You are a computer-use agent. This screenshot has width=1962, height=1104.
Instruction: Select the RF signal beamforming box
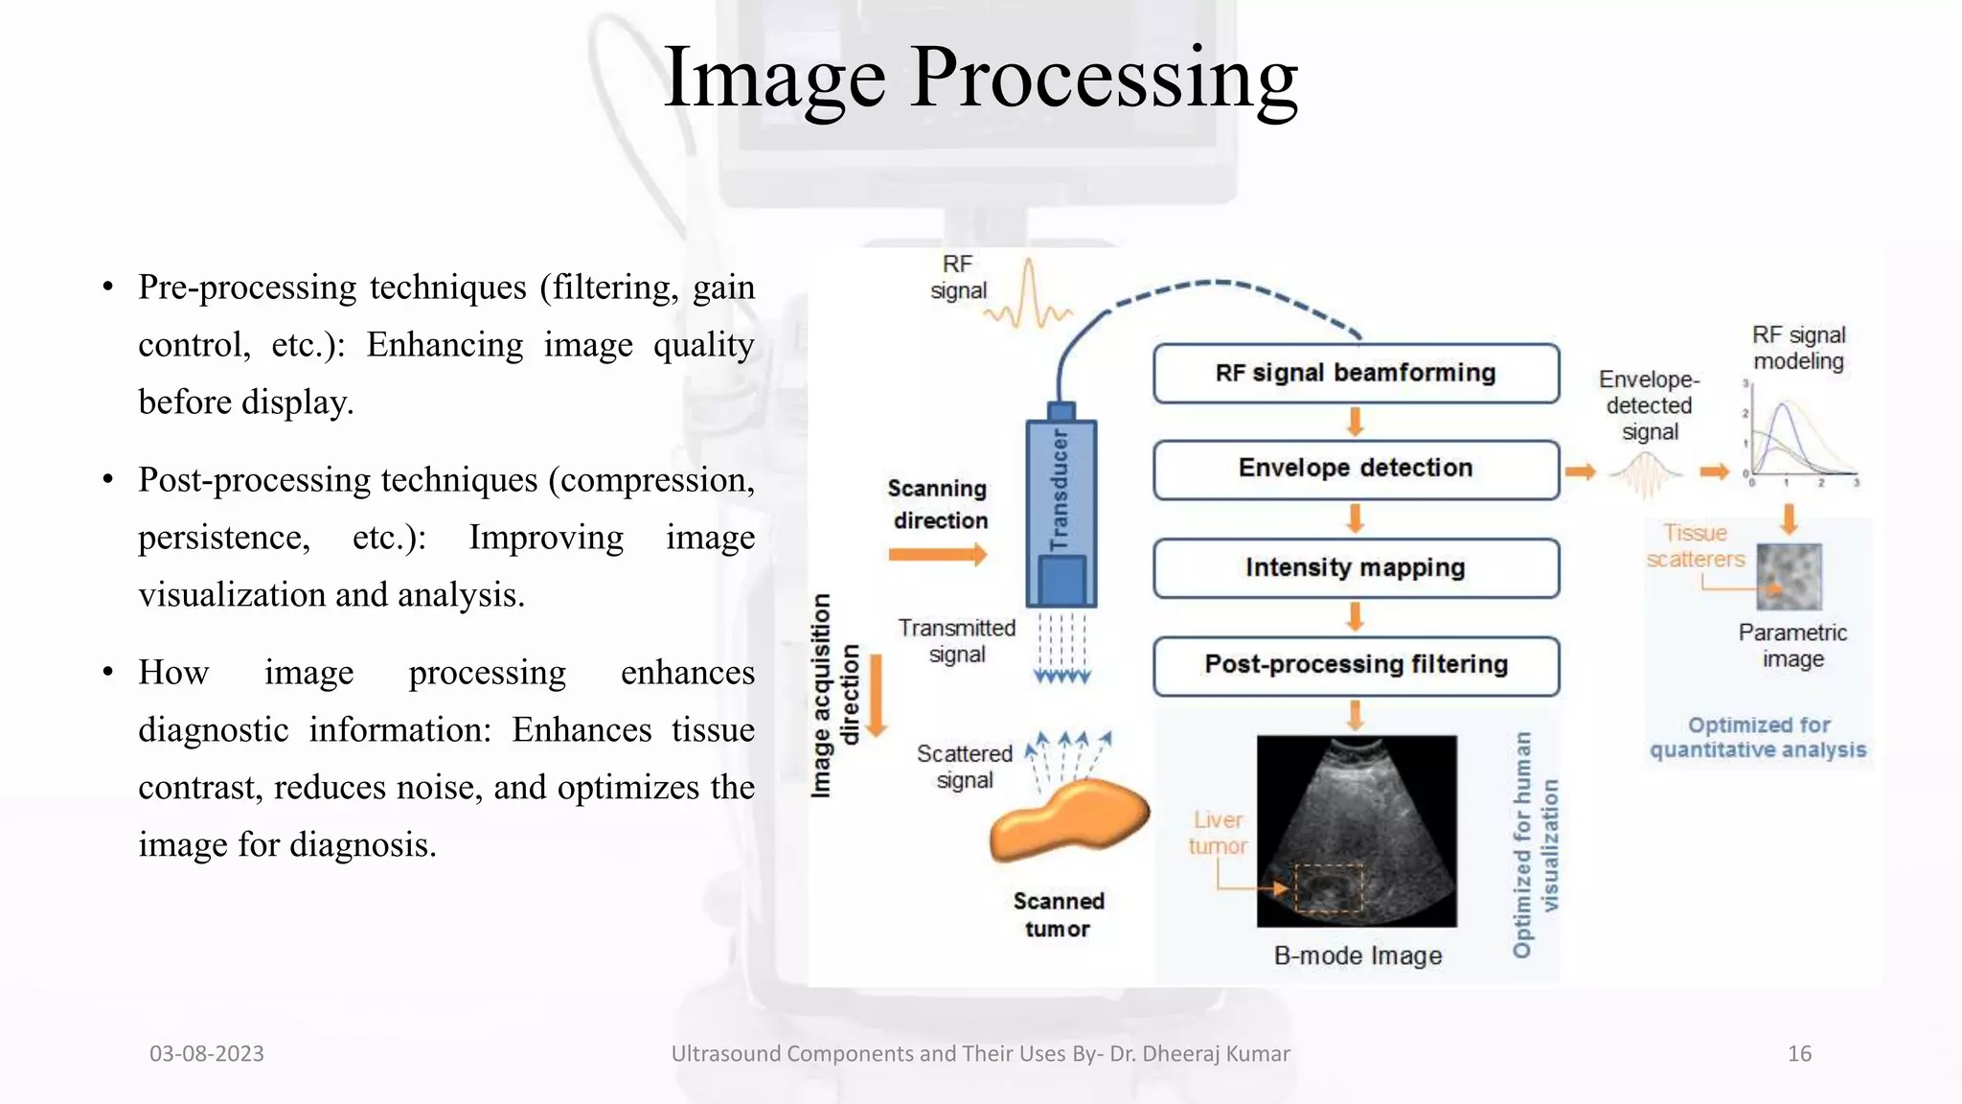pos(1356,373)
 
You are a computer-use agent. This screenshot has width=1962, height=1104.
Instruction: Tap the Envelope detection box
pos(1356,469)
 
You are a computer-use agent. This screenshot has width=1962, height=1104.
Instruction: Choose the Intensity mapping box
pos(1356,567)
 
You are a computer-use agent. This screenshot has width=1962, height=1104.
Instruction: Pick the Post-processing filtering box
pos(1356,665)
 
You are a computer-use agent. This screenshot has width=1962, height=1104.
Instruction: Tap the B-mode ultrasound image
pos(1357,830)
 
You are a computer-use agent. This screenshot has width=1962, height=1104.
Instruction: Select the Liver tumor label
pos(1218,833)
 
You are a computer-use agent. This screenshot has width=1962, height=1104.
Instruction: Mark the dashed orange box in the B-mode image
pos(1329,887)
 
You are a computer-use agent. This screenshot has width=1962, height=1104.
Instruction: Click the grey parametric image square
pos(1789,577)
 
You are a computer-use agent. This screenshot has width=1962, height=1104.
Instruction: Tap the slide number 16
pos(1799,1053)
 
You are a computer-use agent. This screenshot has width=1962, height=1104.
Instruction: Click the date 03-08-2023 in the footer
pos(207,1053)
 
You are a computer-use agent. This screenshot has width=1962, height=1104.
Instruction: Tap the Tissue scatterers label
pos(1695,546)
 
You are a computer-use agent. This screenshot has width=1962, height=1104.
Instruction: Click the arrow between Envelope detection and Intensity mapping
pos(1355,518)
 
